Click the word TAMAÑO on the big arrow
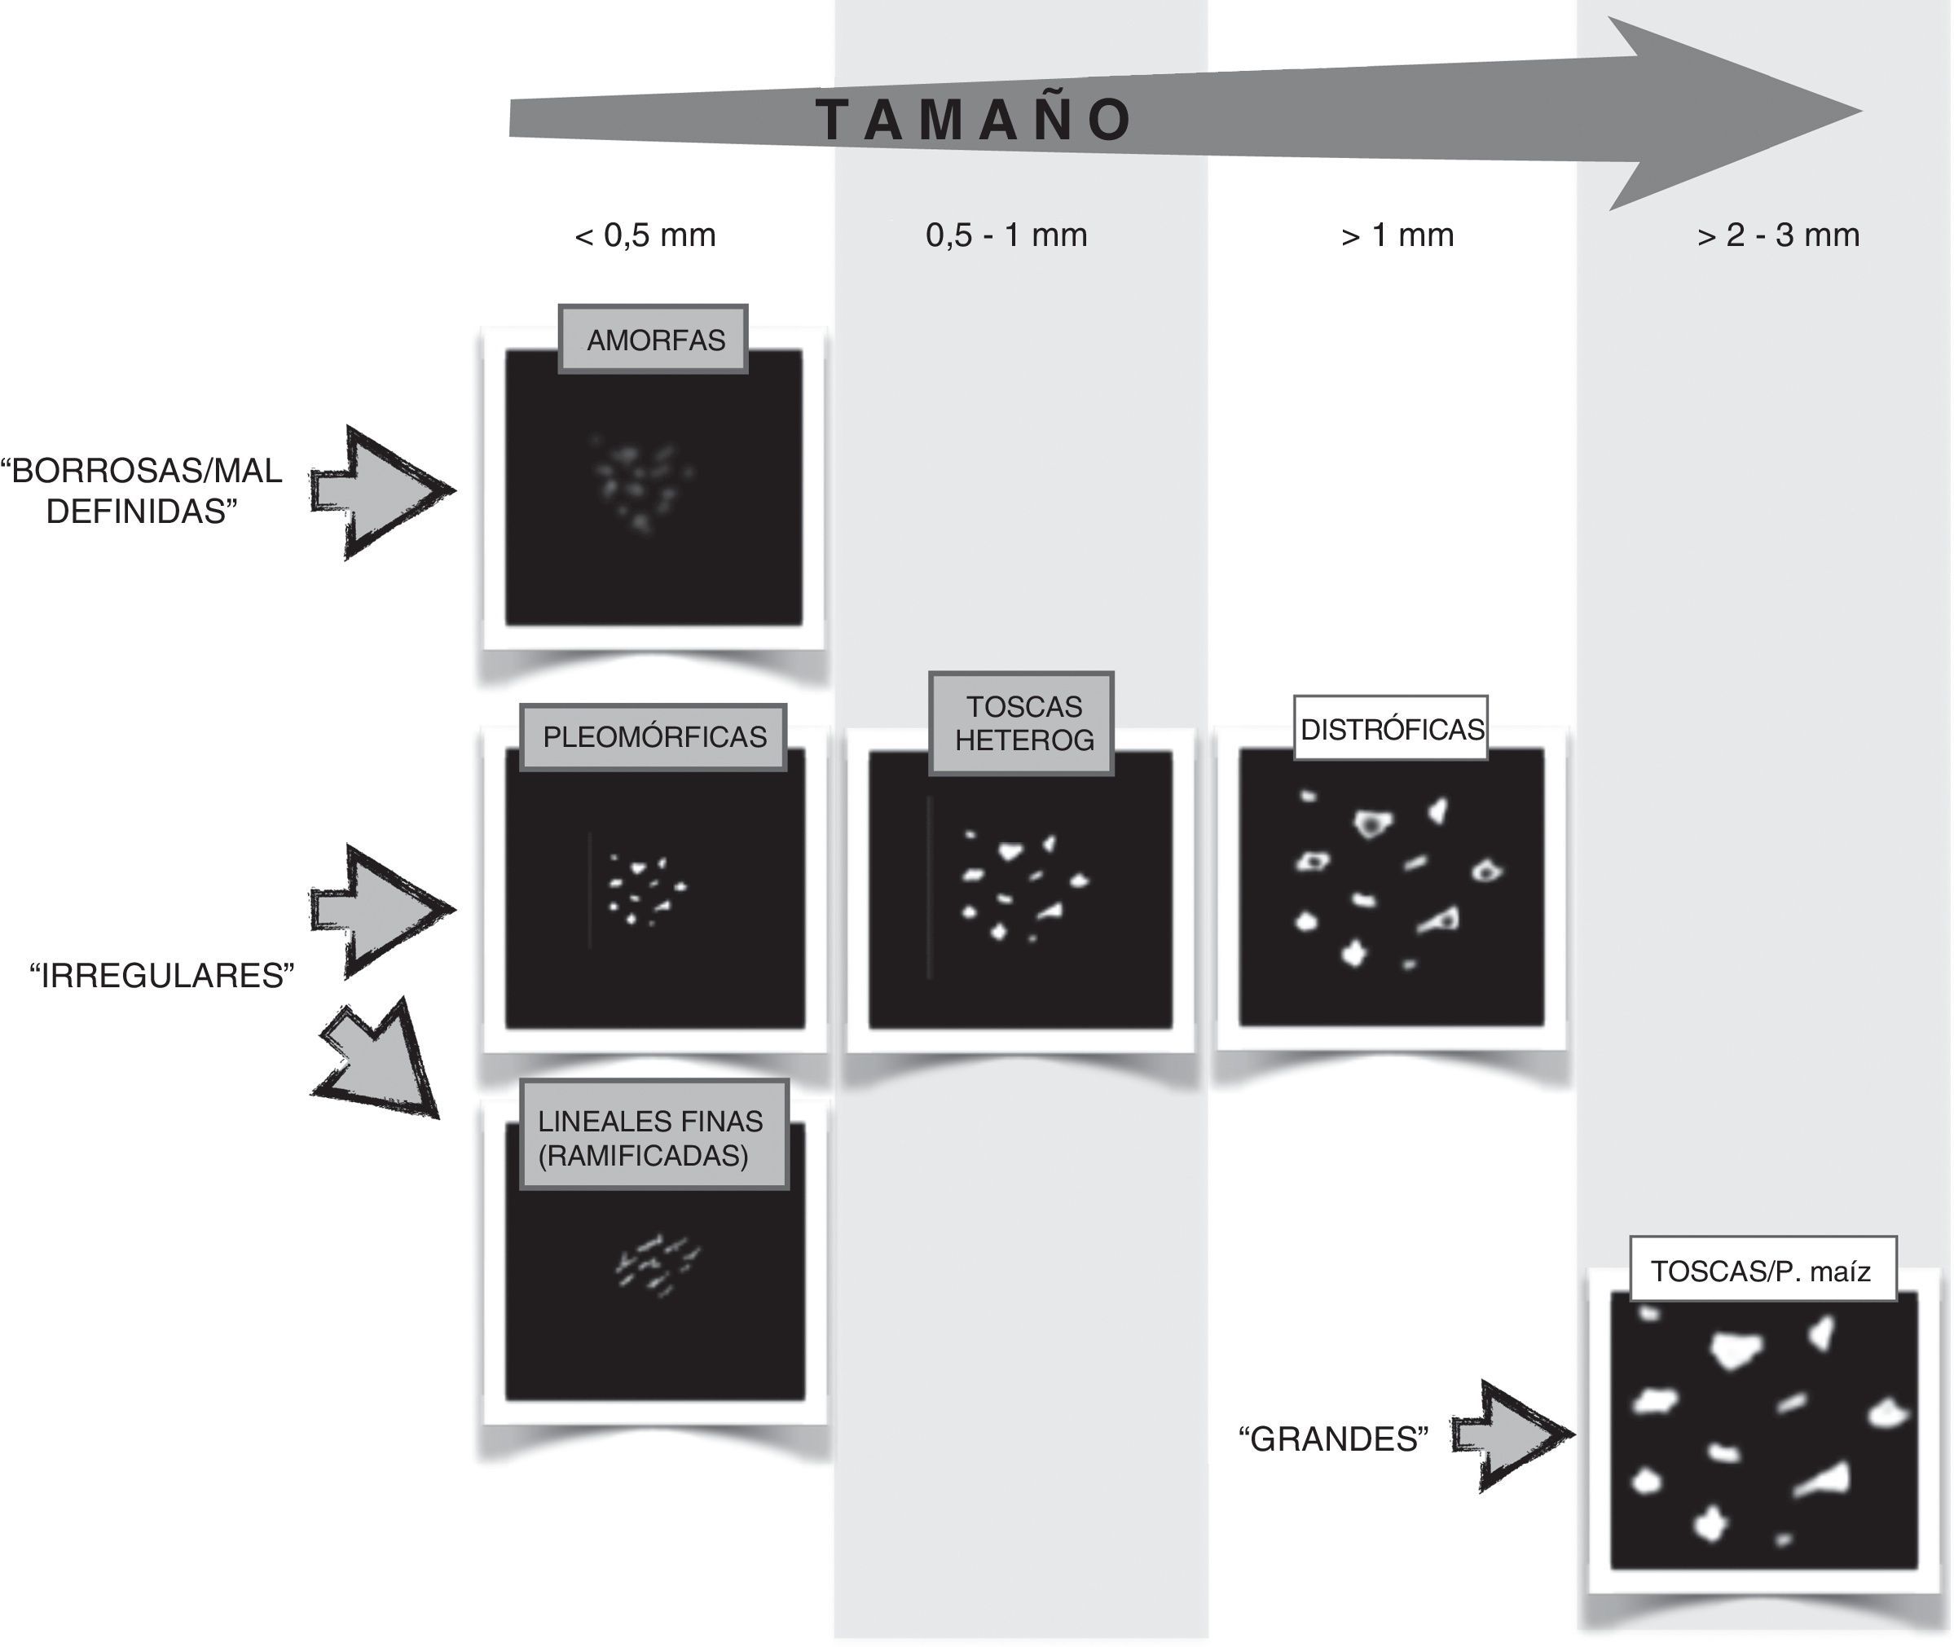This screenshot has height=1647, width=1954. click(x=975, y=120)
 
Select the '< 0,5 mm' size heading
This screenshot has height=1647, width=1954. click(x=645, y=235)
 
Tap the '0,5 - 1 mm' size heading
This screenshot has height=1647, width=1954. click(x=1006, y=235)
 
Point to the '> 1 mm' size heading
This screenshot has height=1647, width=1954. click(x=1397, y=235)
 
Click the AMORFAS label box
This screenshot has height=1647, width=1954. click(x=654, y=340)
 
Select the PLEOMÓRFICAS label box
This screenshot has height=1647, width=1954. click(x=654, y=736)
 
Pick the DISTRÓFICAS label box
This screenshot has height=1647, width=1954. click(x=1391, y=728)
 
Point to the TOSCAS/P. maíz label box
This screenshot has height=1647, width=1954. click(x=1763, y=1270)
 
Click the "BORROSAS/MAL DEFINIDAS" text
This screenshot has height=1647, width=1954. click(x=142, y=491)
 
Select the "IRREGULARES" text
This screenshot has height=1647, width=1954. click(x=161, y=976)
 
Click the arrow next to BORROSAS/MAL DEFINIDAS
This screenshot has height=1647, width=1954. click(x=383, y=492)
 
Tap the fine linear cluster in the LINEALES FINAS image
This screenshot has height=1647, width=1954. click(x=656, y=1265)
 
